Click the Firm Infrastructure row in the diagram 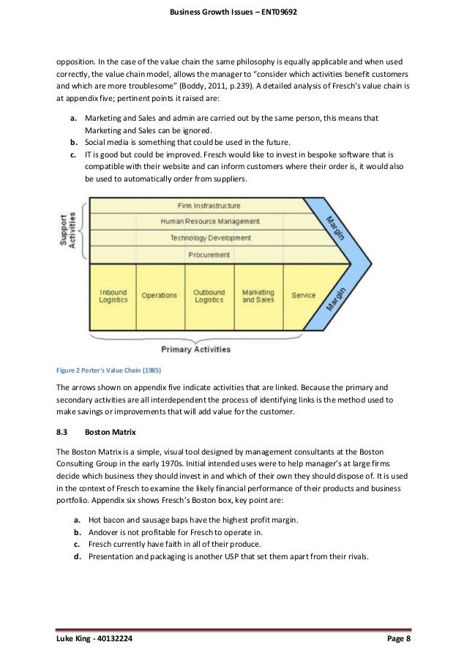coord(209,206)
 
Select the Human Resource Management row coord(209,221)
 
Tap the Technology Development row coord(209,238)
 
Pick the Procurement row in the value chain coord(209,254)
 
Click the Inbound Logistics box coord(113,295)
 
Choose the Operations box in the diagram coord(159,295)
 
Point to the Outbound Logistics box coord(209,295)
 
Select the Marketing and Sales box coord(258,295)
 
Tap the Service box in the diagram coord(303,295)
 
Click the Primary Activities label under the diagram coord(195,349)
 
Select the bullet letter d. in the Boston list coord(76,557)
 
